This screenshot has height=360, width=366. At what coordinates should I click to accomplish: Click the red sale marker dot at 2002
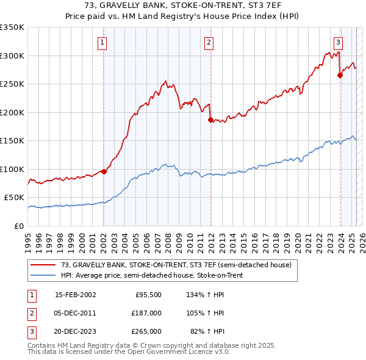point(104,171)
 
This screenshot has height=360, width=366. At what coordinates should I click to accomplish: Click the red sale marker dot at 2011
point(210,120)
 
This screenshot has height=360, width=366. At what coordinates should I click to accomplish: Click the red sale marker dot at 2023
point(340,76)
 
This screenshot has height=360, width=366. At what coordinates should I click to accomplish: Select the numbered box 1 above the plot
point(102,42)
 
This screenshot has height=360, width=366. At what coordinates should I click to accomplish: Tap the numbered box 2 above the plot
point(209,42)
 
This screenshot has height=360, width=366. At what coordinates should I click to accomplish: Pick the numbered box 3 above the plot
point(338,42)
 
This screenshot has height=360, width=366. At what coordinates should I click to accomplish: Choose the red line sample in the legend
point(43,265)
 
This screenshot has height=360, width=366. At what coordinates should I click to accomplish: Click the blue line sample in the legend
point(43,275)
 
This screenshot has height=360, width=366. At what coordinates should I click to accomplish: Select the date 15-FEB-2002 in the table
point(75,294)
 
